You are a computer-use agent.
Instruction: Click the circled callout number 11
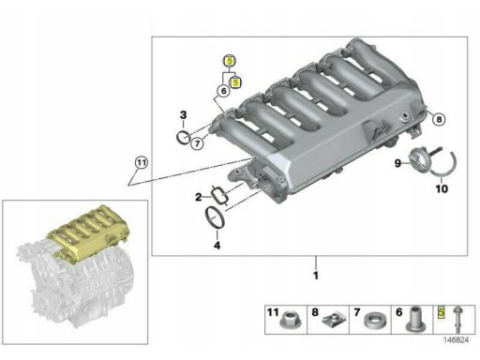point(142,163)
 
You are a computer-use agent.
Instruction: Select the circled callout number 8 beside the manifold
point(439,119)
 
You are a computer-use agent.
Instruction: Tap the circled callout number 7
point(197,143)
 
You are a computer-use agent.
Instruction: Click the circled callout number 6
point(223,91)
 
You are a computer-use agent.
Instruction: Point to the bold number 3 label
point(183,115)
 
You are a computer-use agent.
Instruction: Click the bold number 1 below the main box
point(316,276)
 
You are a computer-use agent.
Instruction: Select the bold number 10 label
point(442,188)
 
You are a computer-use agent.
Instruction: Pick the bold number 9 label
point(397,163)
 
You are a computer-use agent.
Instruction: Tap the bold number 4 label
point(217,246)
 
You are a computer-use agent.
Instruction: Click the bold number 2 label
point(199,197)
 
